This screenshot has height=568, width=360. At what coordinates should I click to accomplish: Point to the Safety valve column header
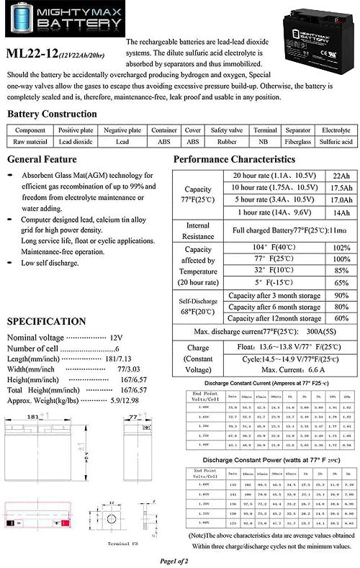pyautogui.click(x=225, y=130)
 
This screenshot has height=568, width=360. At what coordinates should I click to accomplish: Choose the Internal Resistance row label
pyautogui.click(x=197, y=230)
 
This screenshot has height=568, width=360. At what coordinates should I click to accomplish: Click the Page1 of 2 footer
pyautogui.click(x=179, y=559)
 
